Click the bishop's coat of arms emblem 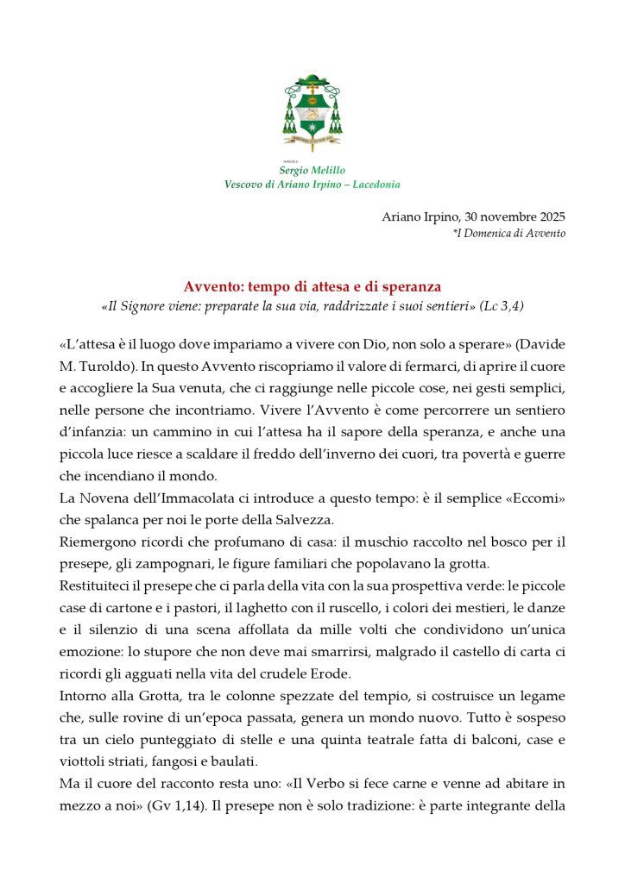[312, 113]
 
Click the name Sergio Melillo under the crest [312, 171]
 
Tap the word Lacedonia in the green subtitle [370, 185]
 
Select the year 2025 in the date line [549, 217]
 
